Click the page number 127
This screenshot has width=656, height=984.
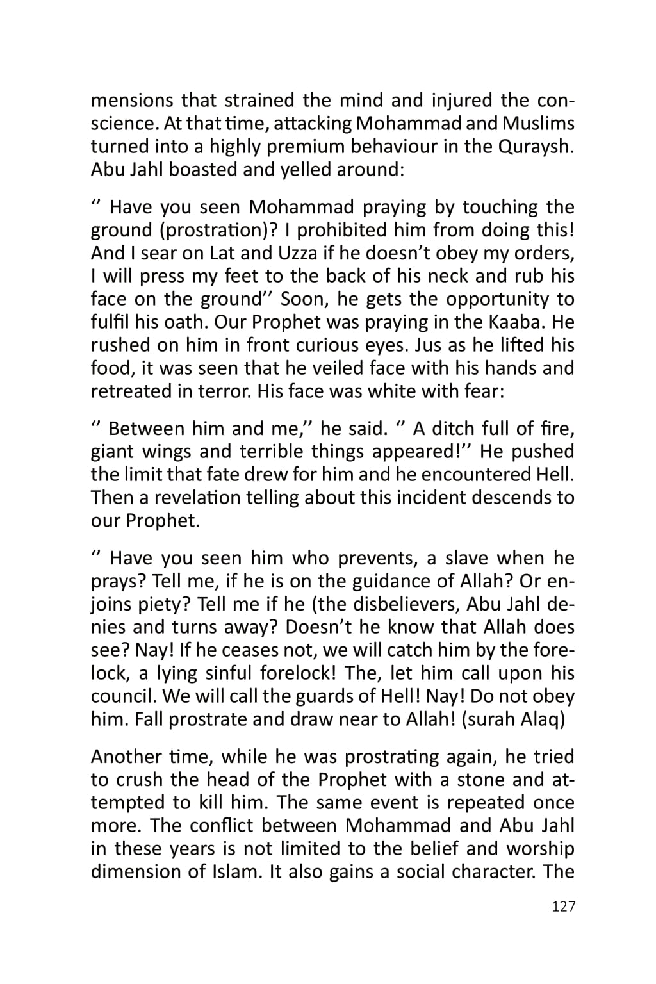tap(563, 906)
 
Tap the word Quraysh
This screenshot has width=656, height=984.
tap(535, 147)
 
